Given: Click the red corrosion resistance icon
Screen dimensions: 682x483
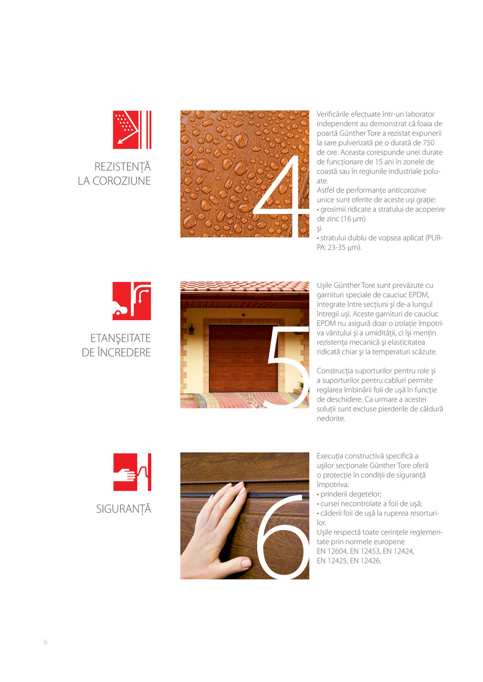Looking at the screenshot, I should (132, 129).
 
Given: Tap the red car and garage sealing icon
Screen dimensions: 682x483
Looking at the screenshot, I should (132, 301).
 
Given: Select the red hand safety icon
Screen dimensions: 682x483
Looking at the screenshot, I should (132, 472).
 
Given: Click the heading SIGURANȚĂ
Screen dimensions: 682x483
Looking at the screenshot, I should (124, 508).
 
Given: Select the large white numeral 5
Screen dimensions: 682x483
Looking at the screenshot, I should (287, 367).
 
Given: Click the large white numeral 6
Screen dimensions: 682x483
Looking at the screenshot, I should (282, 537).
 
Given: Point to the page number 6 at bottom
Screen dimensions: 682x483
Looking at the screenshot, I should (46, 642).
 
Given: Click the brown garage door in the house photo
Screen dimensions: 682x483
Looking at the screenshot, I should (243, 358).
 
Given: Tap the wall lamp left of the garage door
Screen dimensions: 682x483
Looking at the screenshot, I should (192, 329).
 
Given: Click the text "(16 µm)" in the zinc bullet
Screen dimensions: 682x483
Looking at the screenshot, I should (351, 219).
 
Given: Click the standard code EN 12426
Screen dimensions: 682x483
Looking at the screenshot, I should (365, 561).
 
